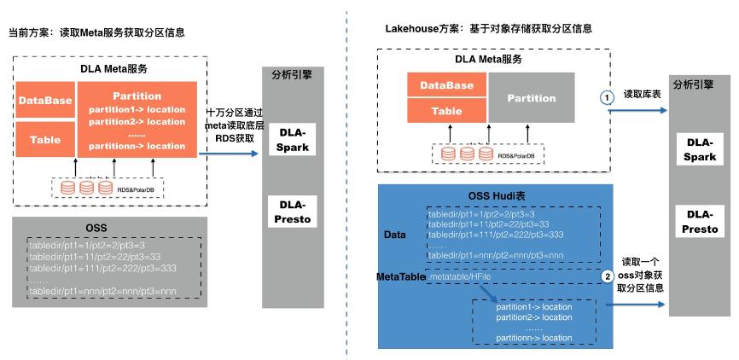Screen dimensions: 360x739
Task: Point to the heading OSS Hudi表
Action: (498, 195)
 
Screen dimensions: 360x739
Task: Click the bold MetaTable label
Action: (400, 278)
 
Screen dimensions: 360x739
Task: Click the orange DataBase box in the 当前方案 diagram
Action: (45, 101)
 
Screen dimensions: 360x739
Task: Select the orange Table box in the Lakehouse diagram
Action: (446, 110)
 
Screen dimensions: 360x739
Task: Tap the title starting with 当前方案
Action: (96, 32)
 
